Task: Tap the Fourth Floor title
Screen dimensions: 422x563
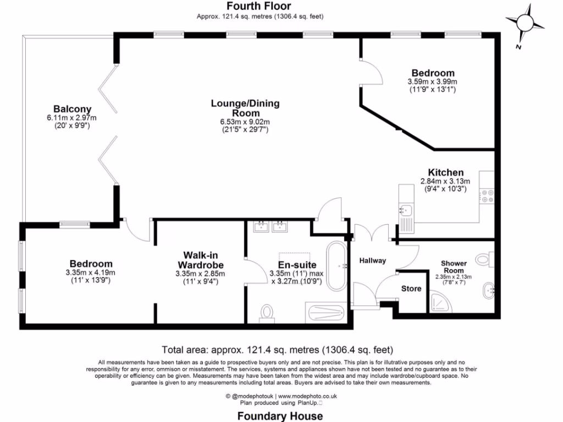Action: point(260,7)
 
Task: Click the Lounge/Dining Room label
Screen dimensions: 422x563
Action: point(245,108)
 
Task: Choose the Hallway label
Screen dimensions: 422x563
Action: point(372,260)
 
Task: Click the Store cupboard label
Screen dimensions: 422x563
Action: point(411,288)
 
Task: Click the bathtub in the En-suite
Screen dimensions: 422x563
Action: point(336,266)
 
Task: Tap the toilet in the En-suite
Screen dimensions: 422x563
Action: point(268,312)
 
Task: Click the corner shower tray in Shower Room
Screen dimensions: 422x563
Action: point(439,302)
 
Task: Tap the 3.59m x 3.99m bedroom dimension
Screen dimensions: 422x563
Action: point(432,81)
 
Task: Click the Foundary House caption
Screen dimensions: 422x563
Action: point(280,415)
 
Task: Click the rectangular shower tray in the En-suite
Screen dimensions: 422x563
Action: point(327,313)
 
